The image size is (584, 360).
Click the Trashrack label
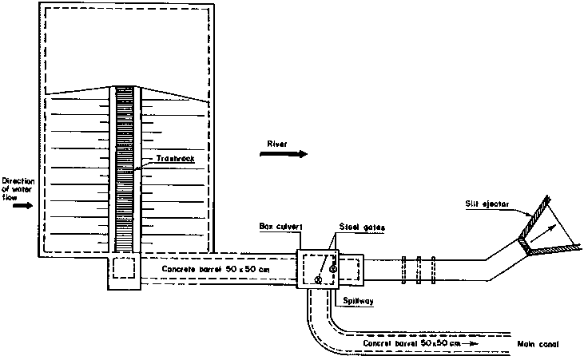click(x=175, y=159)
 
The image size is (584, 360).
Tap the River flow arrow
click(x=284, y=154)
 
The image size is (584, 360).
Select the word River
click(x=277, y=144)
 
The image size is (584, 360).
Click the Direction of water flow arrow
click(x=22, y=206)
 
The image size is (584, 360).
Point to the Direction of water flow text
click(x=18, y=189)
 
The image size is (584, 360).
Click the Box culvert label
click(x=280, y=227)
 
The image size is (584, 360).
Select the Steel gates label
click(x=362, y=227)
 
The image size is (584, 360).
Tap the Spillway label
click(x=358, y=301)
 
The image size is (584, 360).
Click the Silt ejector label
click(x=487, y=204)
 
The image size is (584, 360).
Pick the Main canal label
click(x=538, y=344)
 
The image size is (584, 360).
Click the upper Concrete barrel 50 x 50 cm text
click(x=216, y=269)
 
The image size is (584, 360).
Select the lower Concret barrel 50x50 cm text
click(x=411, y=343)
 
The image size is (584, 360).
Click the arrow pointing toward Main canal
click(x=470, y=343)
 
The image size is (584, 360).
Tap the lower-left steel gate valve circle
click(x=318, y=280)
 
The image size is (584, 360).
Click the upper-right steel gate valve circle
click(x=333, y=269)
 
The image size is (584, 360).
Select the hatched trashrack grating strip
click(x=125, y=169)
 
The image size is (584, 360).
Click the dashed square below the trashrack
click(x=124, y=267)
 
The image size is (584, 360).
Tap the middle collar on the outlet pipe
click(x=419, y=271)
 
